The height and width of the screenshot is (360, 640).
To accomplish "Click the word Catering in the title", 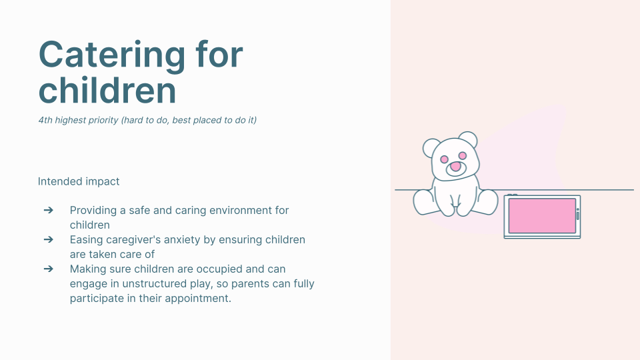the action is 112,56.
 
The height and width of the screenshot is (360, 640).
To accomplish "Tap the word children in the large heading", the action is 107,90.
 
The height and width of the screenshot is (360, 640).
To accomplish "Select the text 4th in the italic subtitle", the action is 45,120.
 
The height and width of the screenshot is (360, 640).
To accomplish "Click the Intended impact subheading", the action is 79,181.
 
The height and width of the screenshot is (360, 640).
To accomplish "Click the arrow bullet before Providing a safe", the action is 48,210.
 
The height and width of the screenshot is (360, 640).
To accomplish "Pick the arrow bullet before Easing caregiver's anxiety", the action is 48,239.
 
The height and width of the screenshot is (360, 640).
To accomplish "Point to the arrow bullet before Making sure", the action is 48,269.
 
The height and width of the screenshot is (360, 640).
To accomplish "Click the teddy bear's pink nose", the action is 455,167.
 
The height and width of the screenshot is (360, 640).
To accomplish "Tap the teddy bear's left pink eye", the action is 445,159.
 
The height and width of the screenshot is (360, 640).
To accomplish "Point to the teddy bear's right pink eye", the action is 463,155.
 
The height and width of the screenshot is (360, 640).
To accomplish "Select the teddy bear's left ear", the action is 431,147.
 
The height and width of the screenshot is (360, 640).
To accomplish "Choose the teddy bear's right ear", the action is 468,139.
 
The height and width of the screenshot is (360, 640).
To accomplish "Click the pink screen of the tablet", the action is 542,216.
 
